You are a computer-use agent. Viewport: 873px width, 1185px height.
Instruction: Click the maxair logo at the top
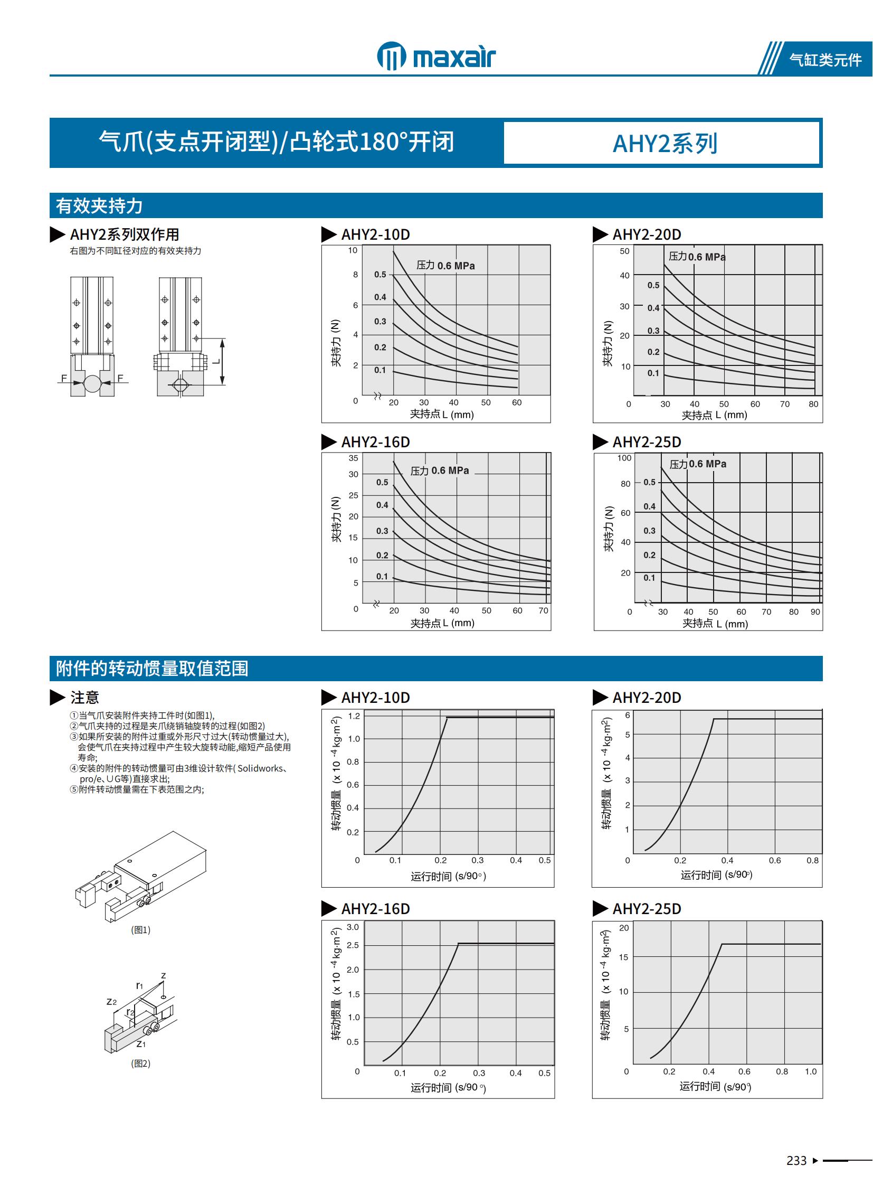tap(437, 56)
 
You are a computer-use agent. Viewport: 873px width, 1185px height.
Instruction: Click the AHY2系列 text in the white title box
tap(665, 143)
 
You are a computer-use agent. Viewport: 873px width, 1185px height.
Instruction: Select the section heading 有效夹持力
tap(99, 206)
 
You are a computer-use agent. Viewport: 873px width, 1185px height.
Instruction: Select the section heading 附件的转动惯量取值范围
tap(152, 669)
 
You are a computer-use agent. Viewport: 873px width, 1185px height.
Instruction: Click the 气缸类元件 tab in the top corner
tap(825, 60)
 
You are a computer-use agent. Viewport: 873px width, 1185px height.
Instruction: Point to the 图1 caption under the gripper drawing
tap(140, 929)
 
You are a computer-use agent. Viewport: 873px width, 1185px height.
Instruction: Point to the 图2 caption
tap(140, 1064)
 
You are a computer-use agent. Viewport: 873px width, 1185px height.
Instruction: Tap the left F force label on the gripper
tap(64, 378)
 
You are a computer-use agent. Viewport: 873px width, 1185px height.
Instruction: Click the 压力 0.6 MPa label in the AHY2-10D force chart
tap(445, 266)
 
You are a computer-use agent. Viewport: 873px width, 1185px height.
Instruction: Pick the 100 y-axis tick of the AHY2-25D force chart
tap(624, 458)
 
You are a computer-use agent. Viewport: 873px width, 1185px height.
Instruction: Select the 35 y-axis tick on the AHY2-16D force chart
tap(353, 458)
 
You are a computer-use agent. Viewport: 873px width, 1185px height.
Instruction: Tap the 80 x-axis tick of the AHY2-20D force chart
tap(813, 404)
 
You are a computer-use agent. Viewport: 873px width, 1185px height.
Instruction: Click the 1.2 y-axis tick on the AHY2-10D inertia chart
tap(354, 716)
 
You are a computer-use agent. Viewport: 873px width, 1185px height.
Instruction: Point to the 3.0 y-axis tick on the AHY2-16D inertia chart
tap(353, 927)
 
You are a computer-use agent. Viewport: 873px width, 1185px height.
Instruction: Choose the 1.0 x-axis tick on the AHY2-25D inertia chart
tap(811, 1071)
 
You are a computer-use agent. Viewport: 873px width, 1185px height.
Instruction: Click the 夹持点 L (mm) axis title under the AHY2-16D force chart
tap(442, 623)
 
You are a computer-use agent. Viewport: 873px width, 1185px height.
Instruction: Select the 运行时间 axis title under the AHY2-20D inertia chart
tap(716, 874)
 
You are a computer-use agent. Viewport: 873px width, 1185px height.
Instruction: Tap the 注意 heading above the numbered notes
tap(84, 698)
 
